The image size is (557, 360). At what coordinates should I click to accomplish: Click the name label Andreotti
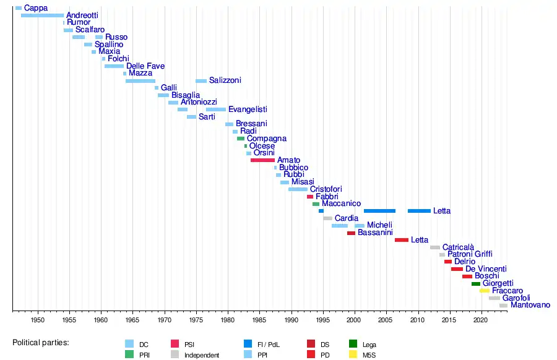pyautogui.click(x=82, y=15)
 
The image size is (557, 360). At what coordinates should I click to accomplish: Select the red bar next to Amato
pyautogui.click(x=262, y=160)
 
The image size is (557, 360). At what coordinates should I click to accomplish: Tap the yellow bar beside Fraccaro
pyautogui.click(x=484, y=291)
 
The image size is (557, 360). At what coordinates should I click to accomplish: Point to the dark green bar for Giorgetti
pyautogui.click(x=476, y=283)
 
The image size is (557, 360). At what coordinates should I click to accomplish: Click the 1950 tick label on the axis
pyautogui.click(x=38, y=320)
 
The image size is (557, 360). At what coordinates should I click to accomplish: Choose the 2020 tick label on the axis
pyautogui.click(x=480, y=320)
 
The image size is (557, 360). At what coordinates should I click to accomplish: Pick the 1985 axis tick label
pyautogui.click(x=259, y=320)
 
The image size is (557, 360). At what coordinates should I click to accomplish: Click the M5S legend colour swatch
pyautogui.click(x=353, y=355)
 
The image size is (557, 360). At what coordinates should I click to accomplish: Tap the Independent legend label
pyautogui.click(x=201, y=355)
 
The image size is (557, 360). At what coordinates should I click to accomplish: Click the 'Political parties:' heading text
pyautogui.click(x=41, y=342)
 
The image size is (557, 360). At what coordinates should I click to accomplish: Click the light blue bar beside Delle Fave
pyautogui.click(x=114, y=66)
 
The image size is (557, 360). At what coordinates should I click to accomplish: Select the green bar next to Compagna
pyautogui.click(x=241, y=139)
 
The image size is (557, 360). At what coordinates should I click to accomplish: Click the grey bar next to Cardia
pyautogui.click(x=327, y=218)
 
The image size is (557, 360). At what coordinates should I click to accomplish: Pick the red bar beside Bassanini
pyautogui.click(x=351, y=233)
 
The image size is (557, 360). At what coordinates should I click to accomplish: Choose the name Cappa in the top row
pyautogui.click(x=35, y=8)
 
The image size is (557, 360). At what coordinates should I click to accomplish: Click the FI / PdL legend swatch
pyautogui.click(x=248, y=345)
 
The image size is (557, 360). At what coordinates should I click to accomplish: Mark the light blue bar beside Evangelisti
pyautogui.click(x=216, y=109)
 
